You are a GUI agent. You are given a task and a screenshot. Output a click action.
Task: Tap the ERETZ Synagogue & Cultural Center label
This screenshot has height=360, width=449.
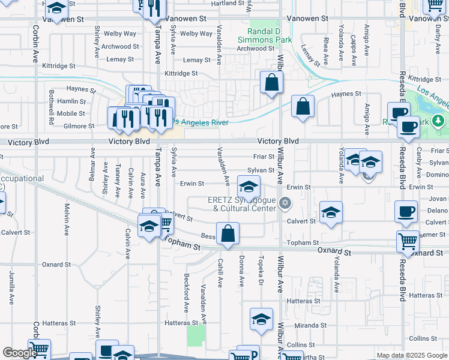pyautogui.click(x=246, y=204)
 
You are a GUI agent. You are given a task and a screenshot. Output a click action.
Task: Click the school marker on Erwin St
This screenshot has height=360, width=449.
pyautogui.click(x=249, y=185)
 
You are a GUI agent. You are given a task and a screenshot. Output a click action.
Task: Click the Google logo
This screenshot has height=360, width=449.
pyautogui.click(x=20, y=353)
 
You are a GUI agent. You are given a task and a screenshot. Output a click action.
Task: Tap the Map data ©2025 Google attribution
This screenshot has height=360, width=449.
pyautogui.click(x=412, y=355)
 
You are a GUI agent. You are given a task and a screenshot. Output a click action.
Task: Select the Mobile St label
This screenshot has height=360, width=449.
pyautogui.click(x=71, y=113)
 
